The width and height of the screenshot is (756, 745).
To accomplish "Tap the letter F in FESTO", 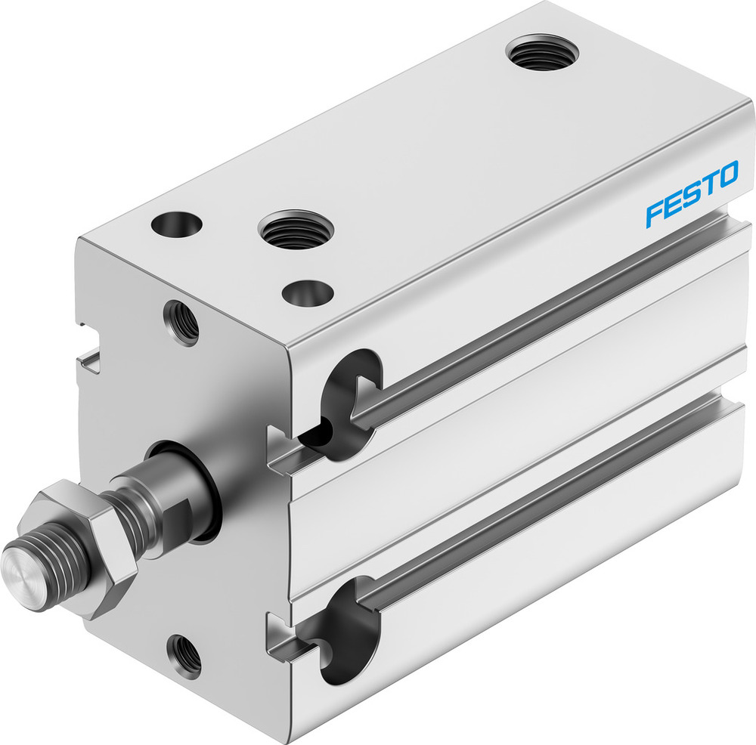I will (x=655, y=212).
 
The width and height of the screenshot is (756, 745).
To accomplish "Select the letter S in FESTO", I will (x=690, y=196).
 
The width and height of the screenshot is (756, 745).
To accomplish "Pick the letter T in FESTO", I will (x=708, y=187).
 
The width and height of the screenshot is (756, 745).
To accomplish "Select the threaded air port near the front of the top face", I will (x=294, y=230).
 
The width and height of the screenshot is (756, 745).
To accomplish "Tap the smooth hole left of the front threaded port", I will (x=177, y=224).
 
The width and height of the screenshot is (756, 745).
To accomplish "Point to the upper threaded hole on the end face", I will (x=181, y=323).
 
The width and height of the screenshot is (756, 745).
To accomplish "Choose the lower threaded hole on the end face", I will (x=184, y=655).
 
